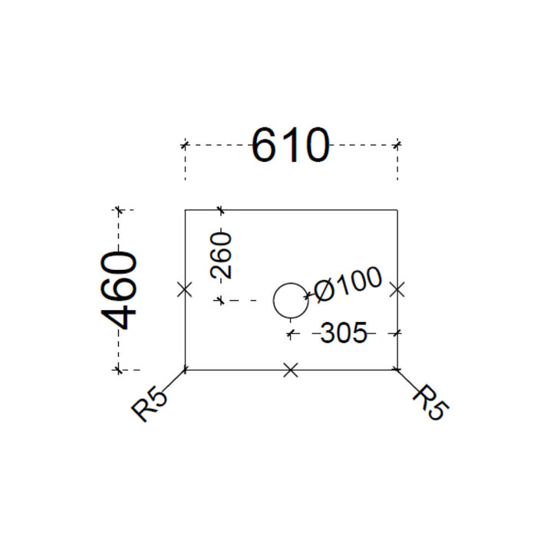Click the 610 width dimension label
point(291,145)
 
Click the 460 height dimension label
point(119,291)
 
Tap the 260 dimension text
point(221,255)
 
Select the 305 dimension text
point(344,332)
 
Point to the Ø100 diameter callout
point(347,285)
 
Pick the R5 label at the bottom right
point(431,403)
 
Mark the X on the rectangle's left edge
point(185,290)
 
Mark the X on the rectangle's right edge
point(397,290)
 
